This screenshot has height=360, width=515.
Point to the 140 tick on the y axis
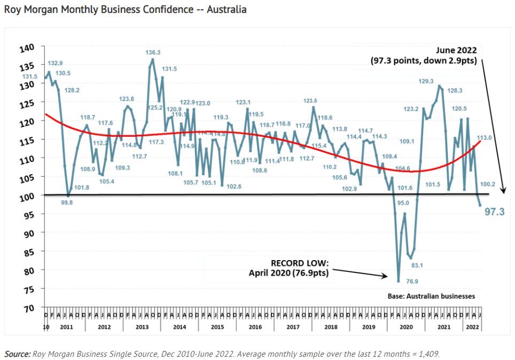(x=27, y=48)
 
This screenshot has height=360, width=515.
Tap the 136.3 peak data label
(x=153, y=53)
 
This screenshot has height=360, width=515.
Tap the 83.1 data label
(x=417, y=265)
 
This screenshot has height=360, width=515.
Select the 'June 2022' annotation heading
(x=452, y=50)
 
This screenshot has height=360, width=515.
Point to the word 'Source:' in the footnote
(x=18, y=354)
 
